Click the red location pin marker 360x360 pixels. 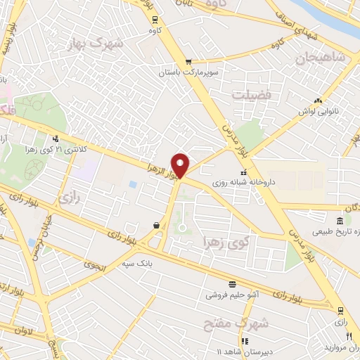181,165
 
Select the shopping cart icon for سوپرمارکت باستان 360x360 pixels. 188,62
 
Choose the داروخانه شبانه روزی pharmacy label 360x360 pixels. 246,182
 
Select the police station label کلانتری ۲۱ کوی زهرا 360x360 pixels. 78,150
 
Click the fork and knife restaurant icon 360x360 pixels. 349,337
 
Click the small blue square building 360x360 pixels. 133,184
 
